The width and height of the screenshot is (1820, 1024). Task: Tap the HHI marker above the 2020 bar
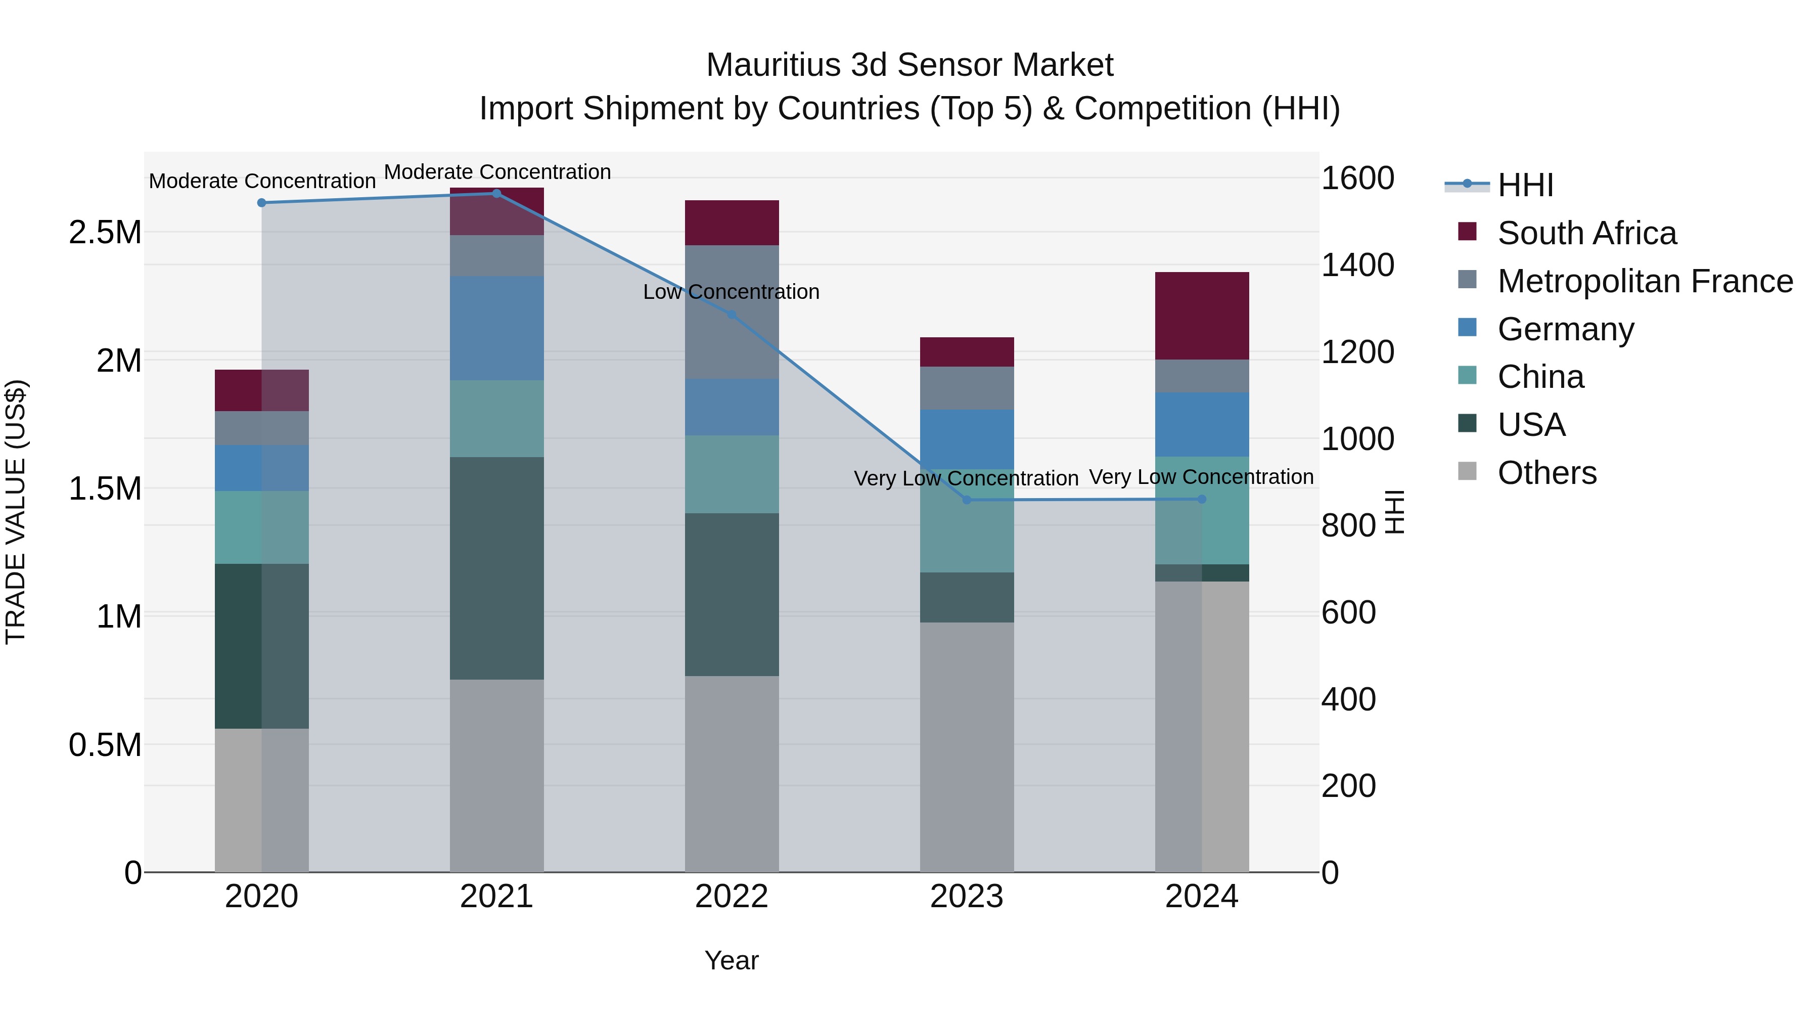tap(261, 203)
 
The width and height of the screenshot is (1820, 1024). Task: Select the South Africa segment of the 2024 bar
tap(1202, 316)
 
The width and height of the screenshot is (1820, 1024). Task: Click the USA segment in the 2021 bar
tap(496, 568)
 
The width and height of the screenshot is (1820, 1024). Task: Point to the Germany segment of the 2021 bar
tap(496, 329)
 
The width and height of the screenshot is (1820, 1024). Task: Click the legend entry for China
tap(1540, 377)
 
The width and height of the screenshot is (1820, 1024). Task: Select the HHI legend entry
tap(1525, 185)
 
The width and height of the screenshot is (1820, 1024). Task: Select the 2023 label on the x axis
tap(967, 897)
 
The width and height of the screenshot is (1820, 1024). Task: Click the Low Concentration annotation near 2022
tap(731, 292)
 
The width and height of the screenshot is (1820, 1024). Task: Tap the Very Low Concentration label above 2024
tap(1201, 477)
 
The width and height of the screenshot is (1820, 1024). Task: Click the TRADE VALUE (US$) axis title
tap(16, 512)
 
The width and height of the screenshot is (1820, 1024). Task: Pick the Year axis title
tap(731, 960)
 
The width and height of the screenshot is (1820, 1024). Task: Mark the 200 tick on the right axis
tap(1348, 786)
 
